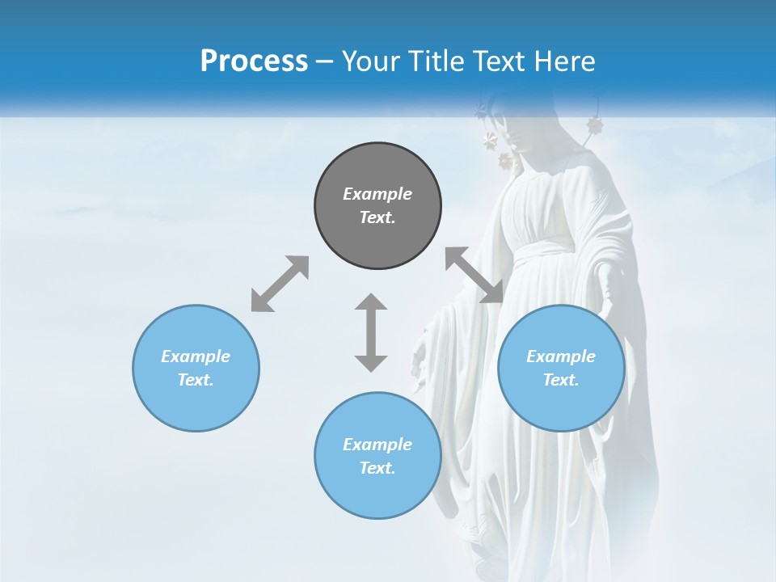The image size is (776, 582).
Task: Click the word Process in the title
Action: (x=254, y=61)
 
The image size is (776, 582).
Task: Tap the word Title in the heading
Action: (x=433, y=61)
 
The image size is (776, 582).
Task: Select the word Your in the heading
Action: (x=369, y=61)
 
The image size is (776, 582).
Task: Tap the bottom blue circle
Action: (x=377, y=493)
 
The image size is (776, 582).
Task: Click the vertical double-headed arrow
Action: (x=371, y=332)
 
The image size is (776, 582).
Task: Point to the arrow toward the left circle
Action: (x=280, y=284)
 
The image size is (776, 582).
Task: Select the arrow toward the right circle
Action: (x=474, y=275)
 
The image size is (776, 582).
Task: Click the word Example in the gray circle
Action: (x=377, y=194)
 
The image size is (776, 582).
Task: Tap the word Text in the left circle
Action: (x=195, y=380)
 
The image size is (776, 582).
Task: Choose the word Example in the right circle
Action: (x=561, y=356)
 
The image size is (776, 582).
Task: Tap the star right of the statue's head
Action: (x=596, y=125)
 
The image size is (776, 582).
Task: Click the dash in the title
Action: (x=325, y=61)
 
